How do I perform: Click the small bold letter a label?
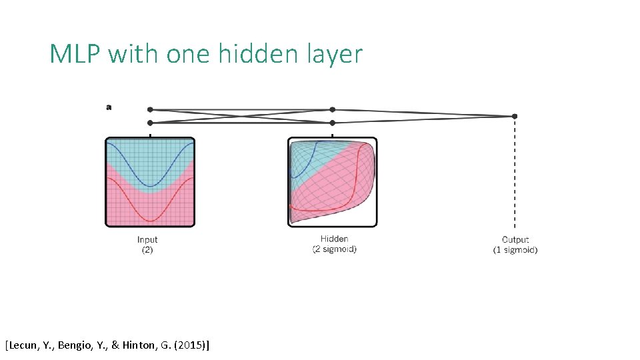pyautogui.click(x=109, y=107)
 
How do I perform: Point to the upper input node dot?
pyautogui.click(x=150, y=109)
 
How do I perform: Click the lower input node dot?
pyautogui.click(x=150, y=123)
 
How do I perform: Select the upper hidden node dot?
pyautogui.click(x=332, y=109)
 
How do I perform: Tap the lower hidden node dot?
pyautogui.click(x=332, y=123)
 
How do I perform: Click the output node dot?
pyautogui.click(x=514, y=116)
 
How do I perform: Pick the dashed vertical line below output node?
pyautogui.click(x=514, y=173)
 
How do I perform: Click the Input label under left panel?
pyautogui.click(x=147, y=240)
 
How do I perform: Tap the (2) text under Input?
pyautogui.click(x=147, y=250)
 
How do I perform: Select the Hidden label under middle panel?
pyautogui.click(x=334, y=239)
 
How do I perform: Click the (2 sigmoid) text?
pyautogui.click(x=334, y=249)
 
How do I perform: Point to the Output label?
pyautogui.click(x=515, y=240)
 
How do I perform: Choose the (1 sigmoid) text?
pyautogui.click(x=515, y=250)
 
